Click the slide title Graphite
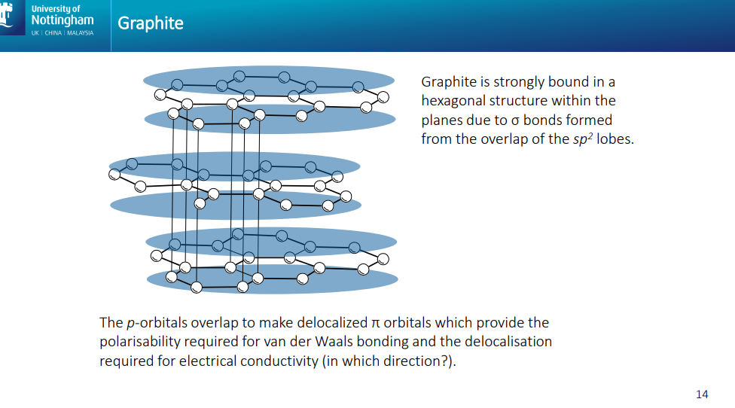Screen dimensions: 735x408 (x=151, y=23)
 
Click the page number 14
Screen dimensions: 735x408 (x=702, y=394)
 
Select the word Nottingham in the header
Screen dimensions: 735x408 (x=63, y=20)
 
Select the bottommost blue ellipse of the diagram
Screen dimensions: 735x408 (x=272, y=279)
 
